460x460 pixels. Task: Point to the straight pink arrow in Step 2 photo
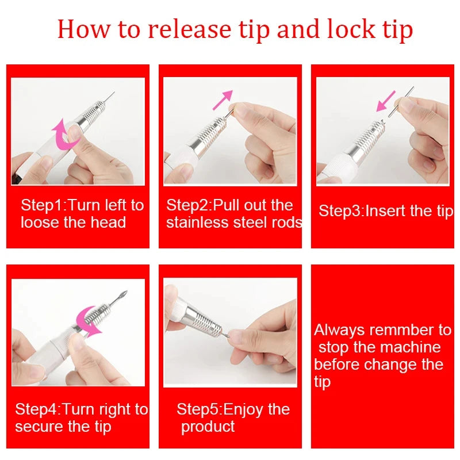222,99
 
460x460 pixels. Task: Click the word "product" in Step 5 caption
208,427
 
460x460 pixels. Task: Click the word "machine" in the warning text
409,347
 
